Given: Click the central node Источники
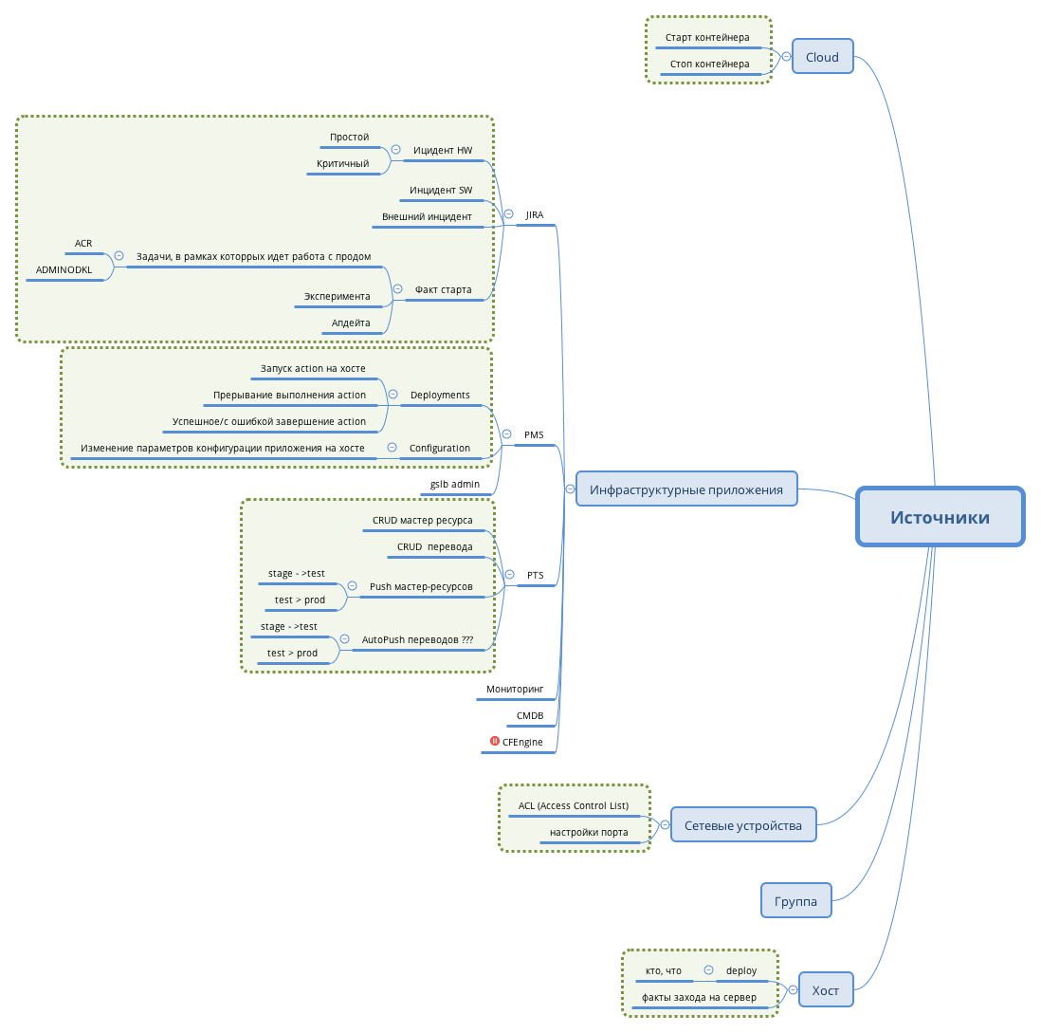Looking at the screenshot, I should coord(940,517).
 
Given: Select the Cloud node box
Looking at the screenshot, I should coord(822,57).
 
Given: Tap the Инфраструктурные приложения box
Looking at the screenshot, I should coord(686,489).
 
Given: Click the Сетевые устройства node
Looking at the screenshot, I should coord(743,825).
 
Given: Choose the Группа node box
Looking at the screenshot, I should coord(795,901).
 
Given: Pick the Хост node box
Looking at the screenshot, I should coord(825,990).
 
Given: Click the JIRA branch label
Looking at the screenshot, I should coord(535,215).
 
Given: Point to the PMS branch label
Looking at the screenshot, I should coord(534,435).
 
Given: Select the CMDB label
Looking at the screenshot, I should coord(530,716).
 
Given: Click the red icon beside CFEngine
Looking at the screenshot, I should coord(495,741).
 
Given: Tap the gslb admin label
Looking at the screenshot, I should coord(455,485).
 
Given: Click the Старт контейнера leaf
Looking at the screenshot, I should coord(707,38).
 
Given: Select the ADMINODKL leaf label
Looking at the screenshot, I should coord(64,269).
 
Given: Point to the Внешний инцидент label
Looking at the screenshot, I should coord(427,216).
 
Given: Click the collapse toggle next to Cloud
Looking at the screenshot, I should coord(786,57).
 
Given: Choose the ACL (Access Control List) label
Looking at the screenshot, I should coord(574,806).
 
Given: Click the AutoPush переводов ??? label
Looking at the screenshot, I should coord(417,640).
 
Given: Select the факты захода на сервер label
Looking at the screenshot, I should coord(699,998).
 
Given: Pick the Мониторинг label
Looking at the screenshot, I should coord(515,690).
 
